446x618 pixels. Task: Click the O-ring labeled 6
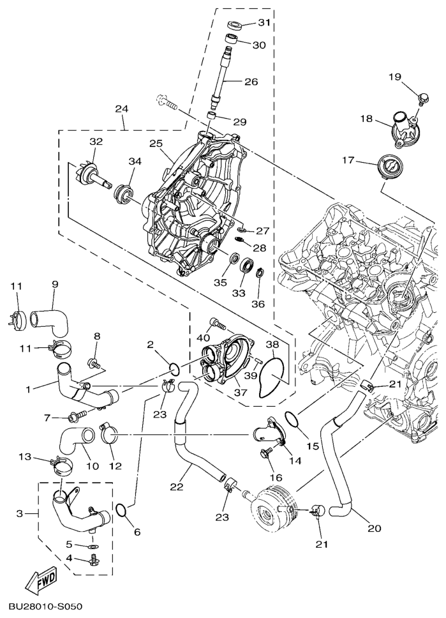click(121, 509)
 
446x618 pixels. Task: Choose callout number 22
click(177, 487)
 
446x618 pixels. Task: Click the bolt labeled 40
click(216, 324)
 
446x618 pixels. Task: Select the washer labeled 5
click(94, 546)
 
